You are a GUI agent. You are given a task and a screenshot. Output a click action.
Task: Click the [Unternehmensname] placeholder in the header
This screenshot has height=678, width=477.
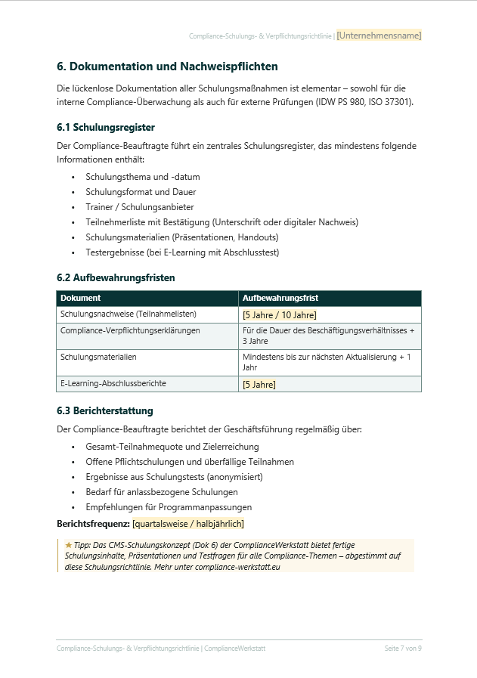379,36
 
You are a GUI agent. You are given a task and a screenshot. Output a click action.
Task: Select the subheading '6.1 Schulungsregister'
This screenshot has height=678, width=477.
106,127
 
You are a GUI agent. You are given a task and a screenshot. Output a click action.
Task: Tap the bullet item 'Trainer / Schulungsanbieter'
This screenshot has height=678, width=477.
140,207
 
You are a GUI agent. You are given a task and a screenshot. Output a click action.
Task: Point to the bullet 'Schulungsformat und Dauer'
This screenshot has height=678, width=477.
141,192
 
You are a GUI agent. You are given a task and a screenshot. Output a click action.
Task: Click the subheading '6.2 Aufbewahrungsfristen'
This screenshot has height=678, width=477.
116,277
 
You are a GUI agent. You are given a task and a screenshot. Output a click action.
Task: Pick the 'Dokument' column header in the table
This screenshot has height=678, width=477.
81,298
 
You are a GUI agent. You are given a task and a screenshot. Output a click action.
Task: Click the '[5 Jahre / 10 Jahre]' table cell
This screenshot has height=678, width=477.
279,315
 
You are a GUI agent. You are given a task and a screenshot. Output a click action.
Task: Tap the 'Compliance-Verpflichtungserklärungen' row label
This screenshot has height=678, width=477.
130,330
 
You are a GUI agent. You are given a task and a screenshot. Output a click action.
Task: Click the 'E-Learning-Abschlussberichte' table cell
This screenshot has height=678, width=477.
113,383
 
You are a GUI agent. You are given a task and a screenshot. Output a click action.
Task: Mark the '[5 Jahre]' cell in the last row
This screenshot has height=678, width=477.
259,385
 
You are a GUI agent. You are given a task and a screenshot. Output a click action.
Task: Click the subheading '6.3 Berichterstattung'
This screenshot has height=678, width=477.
105,411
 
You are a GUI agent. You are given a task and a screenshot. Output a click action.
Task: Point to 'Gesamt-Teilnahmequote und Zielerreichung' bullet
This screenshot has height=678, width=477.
172,447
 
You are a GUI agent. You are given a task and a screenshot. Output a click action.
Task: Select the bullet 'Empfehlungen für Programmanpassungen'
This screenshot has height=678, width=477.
169,507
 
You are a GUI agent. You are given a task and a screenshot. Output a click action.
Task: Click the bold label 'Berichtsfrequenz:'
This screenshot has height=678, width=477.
93,524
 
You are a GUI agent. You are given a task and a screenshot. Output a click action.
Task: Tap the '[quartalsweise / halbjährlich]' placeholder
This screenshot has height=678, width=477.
188,524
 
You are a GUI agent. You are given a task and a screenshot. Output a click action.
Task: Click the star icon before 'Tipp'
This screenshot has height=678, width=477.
68,545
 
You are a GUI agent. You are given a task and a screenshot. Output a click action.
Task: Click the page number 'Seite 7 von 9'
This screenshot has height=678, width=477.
403,649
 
